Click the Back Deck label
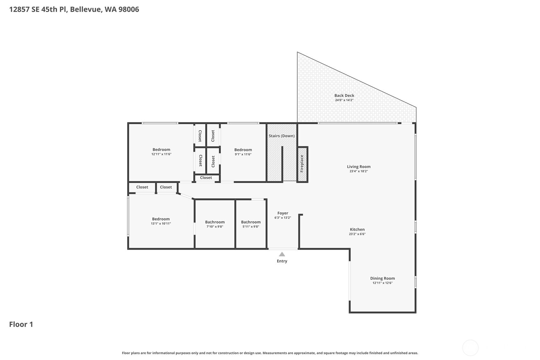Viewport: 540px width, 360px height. pyautogui.click(x=344, y=95)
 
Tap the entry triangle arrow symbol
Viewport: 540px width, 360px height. pyautogui.click(x=282, y=254)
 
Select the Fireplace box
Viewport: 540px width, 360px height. pyautogui.click(x=302, y=164)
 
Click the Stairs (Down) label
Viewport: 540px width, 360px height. pyautogui.click(x=281, y=136)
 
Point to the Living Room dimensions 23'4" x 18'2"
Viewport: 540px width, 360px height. pyautogui.click(x=359, y=171)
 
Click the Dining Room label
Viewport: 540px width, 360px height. pyautogui.click(x=382, y=278)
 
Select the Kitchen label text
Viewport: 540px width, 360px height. pyautogui.click(x=357, y=229)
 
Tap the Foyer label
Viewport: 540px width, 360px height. pyautogui.click(x=283, y=213)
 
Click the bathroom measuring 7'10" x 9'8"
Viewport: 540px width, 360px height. pyautogui.click(x=215, y=224)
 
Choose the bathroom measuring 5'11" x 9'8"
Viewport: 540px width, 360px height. pyautogui.click(x=251, y=224)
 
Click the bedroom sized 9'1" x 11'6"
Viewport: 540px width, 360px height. pyautogui.click(x=243, y=152)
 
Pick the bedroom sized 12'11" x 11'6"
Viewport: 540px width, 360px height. pyautogui.click(x=161, y=152)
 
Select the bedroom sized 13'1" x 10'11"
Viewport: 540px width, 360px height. pyautogui.click(x=161, y=221)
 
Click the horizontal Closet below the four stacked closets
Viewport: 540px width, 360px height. pyautogui.click(x=206, y=178)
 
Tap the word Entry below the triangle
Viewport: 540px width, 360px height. pyautogui.click(x=282, y=261)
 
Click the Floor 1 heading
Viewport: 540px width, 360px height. pyautogui.click(x=21, y=324)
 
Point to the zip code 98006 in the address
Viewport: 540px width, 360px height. pyautogui.click(x=129, y=9)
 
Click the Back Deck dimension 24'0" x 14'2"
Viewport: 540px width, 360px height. pyautogui.click(x=344, y=100)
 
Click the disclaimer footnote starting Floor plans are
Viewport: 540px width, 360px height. pyautogui.click(x=270, y=353)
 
